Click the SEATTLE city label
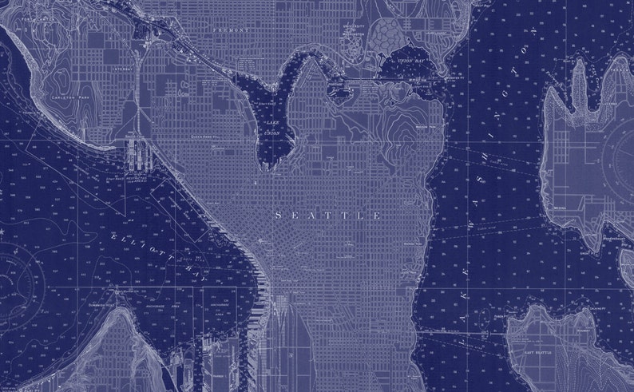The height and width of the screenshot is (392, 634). [x=328, y=216]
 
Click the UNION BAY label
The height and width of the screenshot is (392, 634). [x=411, y=61]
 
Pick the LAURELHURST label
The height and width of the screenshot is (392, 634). [x=434, y=35]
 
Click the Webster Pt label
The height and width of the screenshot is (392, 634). [x=455, y=77]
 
